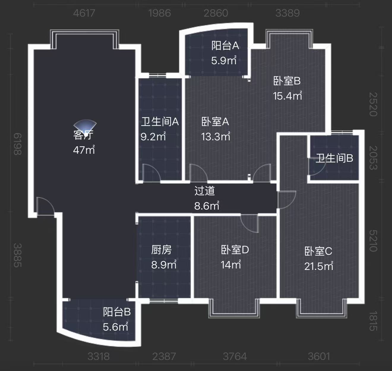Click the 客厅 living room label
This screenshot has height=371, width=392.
click(x=83, y=135)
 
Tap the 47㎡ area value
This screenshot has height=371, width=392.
click(x=84, y=150)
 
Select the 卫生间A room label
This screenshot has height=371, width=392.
click(x=160, y=122)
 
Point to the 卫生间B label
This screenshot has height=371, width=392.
click(x=334, y=158)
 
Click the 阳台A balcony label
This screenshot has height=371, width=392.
click(x=225, y=45)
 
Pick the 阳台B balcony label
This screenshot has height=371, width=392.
click(x=117, y=312)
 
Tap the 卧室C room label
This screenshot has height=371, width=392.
click(x=318, y=251)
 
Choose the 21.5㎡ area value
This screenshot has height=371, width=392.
click(x=319, y=266)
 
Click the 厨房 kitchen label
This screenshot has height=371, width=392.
click(x=162, y=250)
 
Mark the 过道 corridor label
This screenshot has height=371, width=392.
click(x=205, y=191)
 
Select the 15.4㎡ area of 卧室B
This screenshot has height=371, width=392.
click(x=287, y=96)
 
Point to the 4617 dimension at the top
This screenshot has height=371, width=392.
click(x=84, y=13)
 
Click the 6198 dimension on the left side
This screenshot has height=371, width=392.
click(x=18, y=144)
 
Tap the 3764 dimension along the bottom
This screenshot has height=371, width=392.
click(x=235, y=356)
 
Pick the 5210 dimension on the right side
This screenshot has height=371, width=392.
click(x=373, y=241)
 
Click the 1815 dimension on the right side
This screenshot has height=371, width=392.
click(x=373, y=321)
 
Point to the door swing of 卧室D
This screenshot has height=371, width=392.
click(x=249, y=223)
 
